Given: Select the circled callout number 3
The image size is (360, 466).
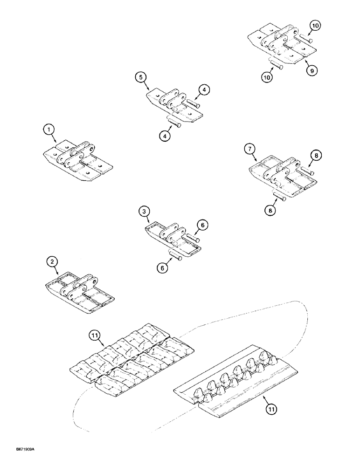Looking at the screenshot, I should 145,212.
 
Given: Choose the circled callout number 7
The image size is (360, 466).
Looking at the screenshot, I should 250,149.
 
